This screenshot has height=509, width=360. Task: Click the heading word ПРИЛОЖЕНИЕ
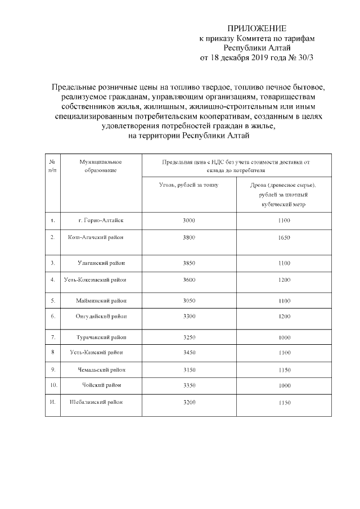(256, 28)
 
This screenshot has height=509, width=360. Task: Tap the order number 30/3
(302, 57)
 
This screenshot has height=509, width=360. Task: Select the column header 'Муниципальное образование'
(101, 165)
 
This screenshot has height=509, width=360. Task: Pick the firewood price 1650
(283, 238)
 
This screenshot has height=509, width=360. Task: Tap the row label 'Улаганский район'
(102, 263)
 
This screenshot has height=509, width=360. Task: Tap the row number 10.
(53, 385)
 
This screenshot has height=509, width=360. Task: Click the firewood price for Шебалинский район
(283, 403)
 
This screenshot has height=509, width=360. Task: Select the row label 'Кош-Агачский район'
(96, 237)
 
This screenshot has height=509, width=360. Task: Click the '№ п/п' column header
(52, 165)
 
